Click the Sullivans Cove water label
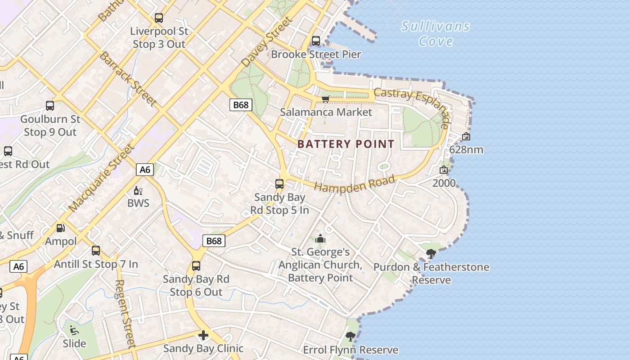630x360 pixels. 435,33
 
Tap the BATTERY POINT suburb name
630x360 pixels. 346,144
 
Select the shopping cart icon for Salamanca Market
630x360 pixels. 325,99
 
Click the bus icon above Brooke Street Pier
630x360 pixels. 316,41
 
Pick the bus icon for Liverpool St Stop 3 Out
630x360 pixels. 159,18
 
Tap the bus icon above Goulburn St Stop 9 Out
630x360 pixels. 50,106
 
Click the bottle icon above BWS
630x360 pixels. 138,190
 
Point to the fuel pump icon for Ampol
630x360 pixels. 60,229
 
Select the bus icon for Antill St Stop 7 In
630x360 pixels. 96,251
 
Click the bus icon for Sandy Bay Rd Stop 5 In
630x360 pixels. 279,184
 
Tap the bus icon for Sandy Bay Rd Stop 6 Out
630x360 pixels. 196,266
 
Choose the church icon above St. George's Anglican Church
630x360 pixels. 320,238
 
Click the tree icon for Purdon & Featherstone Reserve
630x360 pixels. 431,254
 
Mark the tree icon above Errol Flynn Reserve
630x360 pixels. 350,336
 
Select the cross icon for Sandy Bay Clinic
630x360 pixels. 203,335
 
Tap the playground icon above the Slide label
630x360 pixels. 74,330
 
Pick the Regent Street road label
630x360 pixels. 125,314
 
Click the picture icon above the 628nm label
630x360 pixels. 466,136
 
